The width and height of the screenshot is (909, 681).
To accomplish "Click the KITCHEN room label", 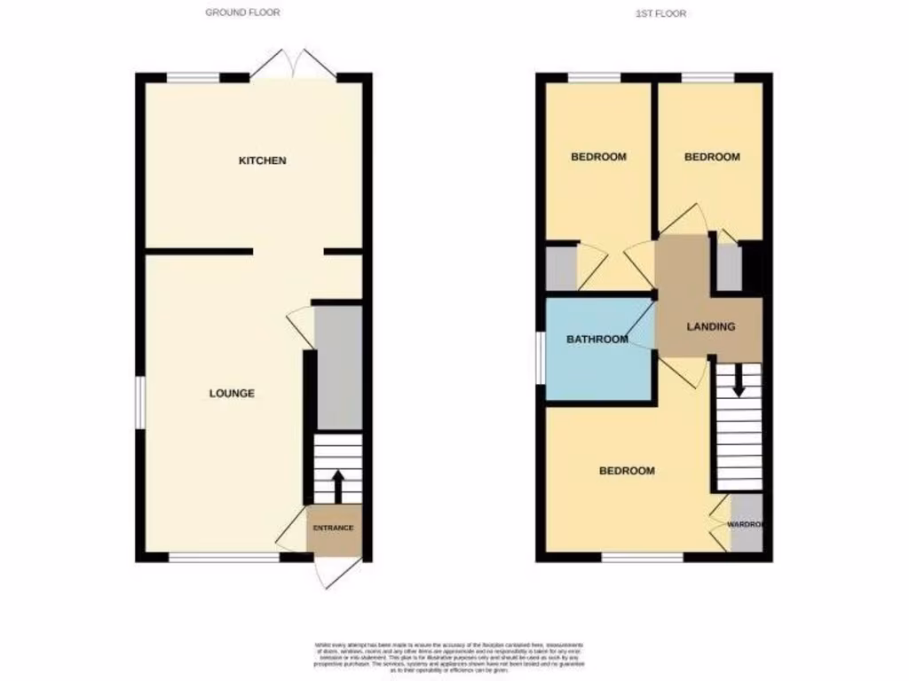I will (262, 160).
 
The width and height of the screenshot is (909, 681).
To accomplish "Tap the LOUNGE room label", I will (232, 393).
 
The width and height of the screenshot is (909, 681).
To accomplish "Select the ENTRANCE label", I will (333, 528).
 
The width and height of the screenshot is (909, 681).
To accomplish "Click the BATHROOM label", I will (597, 339).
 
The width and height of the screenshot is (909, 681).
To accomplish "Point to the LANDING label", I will (711, 326).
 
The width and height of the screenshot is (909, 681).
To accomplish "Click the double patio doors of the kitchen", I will (293, 65).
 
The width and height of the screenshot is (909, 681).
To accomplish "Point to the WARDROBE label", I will (746, 524).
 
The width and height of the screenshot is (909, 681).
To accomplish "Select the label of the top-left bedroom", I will (598, 157).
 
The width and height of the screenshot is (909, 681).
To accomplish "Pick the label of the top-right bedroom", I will (712, 157).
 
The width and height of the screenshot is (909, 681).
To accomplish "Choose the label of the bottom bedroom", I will (627, 471).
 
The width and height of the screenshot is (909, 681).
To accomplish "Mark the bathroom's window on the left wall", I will (541, 358).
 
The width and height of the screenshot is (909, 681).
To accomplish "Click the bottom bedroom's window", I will (642, 557).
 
